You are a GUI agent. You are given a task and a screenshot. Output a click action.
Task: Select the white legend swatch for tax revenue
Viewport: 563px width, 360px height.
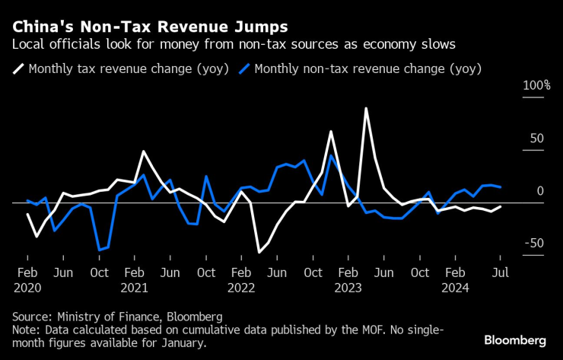coord(18,69)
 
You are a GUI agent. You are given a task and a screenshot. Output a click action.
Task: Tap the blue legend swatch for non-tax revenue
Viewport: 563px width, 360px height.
coord(244,69)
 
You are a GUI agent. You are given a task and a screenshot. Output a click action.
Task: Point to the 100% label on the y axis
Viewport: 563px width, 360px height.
coord(536,85)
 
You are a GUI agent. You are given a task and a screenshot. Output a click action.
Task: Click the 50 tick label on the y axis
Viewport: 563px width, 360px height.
coord(537,139)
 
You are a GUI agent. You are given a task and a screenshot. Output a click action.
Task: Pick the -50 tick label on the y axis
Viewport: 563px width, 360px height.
coord(534,243)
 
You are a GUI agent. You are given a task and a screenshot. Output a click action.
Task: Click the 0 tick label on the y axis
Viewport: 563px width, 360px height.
coord(540,191)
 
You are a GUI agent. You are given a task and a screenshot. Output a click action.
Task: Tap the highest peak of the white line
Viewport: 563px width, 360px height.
coord(366,108)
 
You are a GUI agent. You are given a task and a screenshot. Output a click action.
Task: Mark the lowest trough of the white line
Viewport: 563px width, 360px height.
coord(259,252)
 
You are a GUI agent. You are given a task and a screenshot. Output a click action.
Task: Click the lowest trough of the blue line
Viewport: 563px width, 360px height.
coord(100,250)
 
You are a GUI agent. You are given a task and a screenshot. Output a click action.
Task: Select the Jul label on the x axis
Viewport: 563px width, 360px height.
coord(499,272)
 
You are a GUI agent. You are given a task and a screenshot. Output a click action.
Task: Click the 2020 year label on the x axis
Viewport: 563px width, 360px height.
coord(27,288)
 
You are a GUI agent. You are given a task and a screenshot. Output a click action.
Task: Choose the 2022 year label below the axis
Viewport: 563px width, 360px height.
coord(241,288)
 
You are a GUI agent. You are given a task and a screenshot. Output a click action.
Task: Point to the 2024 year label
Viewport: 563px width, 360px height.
coord(455,288)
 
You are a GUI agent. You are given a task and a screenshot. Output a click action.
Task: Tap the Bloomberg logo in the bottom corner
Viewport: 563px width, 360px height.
coord(515,339)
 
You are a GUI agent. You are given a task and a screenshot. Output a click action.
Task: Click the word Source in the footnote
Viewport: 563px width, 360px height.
coord(31,316)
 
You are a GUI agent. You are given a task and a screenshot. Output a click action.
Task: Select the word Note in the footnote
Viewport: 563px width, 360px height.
coord(26,330)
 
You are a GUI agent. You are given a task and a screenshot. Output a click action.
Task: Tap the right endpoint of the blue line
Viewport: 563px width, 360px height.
coord(500,186)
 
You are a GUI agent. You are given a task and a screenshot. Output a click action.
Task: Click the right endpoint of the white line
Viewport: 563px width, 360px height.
coord(500,206)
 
